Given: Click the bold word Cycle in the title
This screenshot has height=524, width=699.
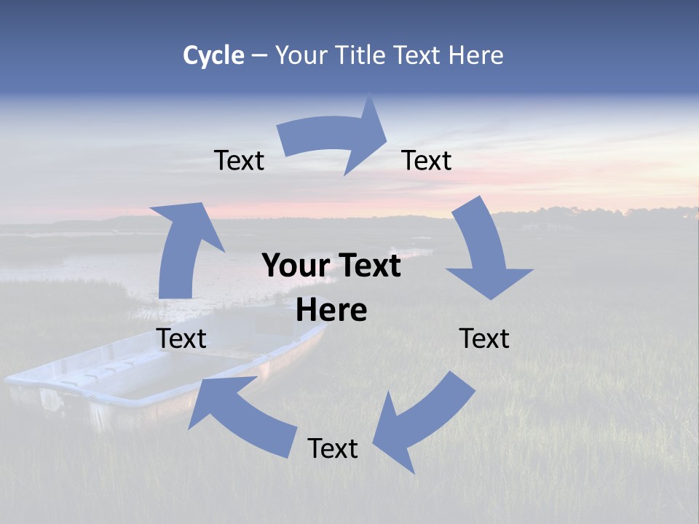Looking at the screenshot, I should point(213,55).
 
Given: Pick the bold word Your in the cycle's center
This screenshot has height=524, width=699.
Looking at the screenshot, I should point(295,266).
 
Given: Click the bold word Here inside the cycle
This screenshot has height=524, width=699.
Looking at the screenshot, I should point(331,311).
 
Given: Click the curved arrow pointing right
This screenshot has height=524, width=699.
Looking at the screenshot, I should point(335,138).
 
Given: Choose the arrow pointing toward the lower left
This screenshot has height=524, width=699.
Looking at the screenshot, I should point(422,422).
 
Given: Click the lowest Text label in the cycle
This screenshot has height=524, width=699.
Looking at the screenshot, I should point(333,449).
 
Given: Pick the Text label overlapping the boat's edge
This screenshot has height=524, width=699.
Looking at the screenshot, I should point(181,338).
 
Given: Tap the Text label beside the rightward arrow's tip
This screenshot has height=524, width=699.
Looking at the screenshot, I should point(427,160).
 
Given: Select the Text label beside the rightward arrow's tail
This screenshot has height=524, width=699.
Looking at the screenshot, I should point(239,160).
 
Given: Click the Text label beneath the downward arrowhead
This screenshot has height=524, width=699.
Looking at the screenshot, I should point(484,338).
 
